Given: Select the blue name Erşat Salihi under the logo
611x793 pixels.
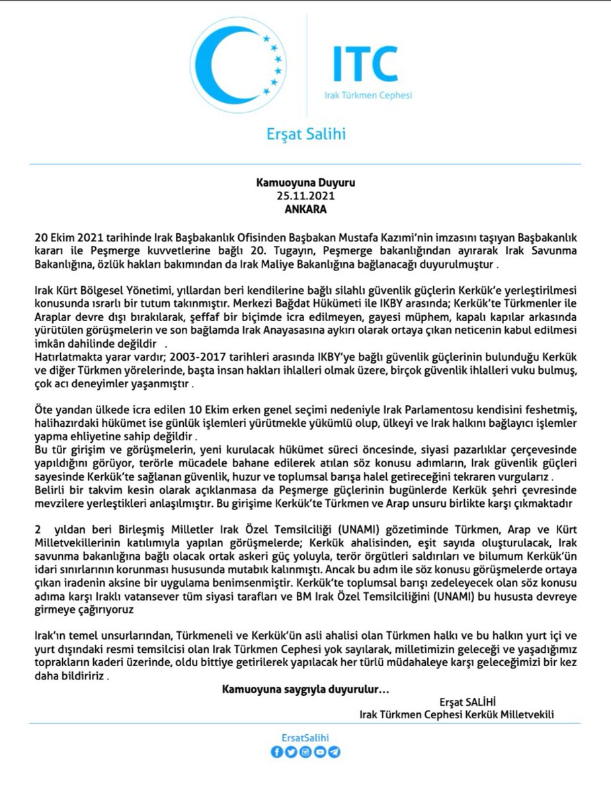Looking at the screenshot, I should tap(305, 135).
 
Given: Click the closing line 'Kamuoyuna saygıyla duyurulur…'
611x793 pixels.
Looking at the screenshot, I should tap(305, 690).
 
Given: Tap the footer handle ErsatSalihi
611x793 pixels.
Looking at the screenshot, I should tap(305, 739).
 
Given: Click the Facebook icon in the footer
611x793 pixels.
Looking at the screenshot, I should tap(276, 752).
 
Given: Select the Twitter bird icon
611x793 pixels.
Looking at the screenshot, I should tap(290, 752).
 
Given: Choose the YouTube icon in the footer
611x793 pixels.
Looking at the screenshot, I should tap(320, 752).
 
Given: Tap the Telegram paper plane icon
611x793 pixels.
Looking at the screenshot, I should tap(335, 752).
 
